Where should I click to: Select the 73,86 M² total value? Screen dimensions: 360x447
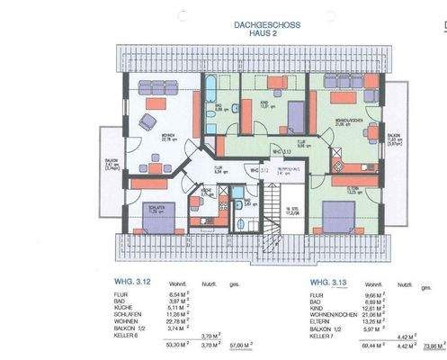[433, 345]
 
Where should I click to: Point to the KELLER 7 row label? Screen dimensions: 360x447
[323, 336]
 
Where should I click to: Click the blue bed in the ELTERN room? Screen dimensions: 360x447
[340, 216]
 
